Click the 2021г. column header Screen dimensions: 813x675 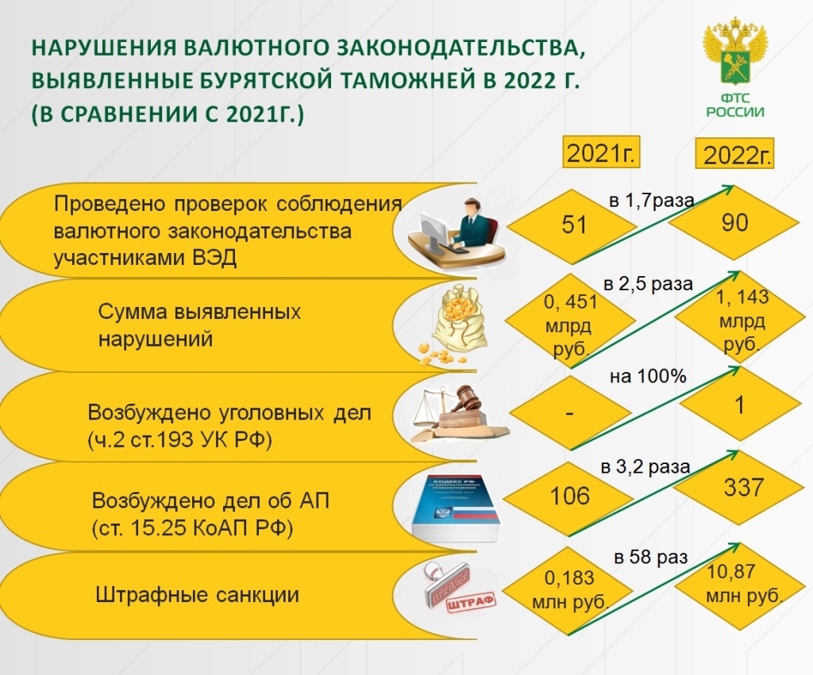coord(602,152)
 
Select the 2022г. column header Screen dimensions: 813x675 coord(734,153)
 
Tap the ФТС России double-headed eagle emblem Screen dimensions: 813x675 coord(734,50)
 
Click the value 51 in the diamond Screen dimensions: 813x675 coord(573,224)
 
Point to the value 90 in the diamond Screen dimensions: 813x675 coord(734,222)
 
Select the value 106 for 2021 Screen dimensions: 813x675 coord(569,496)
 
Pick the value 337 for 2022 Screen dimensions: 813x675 coord(743,488)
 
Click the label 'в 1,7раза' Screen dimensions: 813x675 coord(651,200)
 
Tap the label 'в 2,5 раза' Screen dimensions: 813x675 coord(648,284)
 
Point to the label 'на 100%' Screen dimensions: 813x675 coord(648,376)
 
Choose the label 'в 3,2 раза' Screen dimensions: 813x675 coord(645,467)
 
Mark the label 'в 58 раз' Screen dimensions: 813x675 coord(651,558)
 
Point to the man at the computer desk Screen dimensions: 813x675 coord(457,233)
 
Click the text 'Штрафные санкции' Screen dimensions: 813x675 coord(197,595)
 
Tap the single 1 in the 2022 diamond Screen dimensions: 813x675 coord(740,405)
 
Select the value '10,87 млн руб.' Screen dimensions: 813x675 coord(743,584)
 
